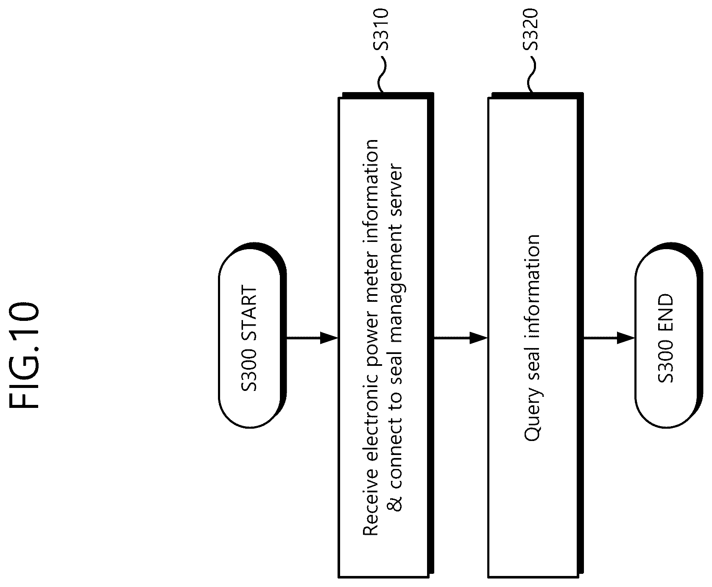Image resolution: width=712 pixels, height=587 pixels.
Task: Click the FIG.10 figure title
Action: point(24,355)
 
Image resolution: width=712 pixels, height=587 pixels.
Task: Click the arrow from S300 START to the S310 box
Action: point(312,338)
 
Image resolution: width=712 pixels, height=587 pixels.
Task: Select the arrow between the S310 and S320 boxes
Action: point(461,338)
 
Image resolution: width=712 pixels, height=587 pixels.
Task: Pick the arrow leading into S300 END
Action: point(609,338)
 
